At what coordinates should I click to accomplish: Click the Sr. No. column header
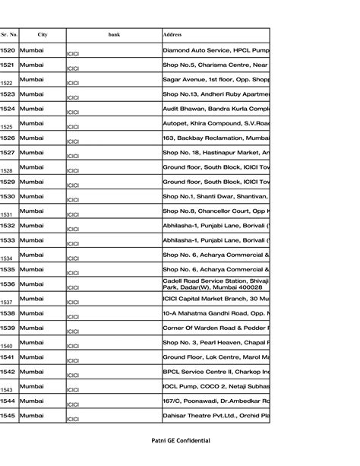9,34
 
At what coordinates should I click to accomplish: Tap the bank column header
114,34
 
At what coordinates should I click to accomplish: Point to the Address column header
172,34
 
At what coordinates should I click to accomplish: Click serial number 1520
8,50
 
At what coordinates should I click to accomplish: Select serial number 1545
8,415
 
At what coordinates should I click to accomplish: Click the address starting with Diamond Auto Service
216,50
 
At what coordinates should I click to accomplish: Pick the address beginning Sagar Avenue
216,79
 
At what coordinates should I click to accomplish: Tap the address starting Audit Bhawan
216,109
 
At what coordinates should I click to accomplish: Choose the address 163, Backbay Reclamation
216,138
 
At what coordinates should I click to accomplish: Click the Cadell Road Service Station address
216,284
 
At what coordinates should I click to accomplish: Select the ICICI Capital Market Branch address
216,298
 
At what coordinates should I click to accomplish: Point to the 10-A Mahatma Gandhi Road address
216,313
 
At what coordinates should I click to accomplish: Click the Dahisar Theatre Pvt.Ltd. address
216,415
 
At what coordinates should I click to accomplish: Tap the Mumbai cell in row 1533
32,239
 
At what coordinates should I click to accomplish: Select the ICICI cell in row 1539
74,331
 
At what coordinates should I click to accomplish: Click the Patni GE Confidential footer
180,441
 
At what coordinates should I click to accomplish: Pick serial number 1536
8,284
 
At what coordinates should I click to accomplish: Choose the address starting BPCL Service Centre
216,371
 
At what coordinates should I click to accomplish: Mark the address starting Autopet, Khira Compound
216,123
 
